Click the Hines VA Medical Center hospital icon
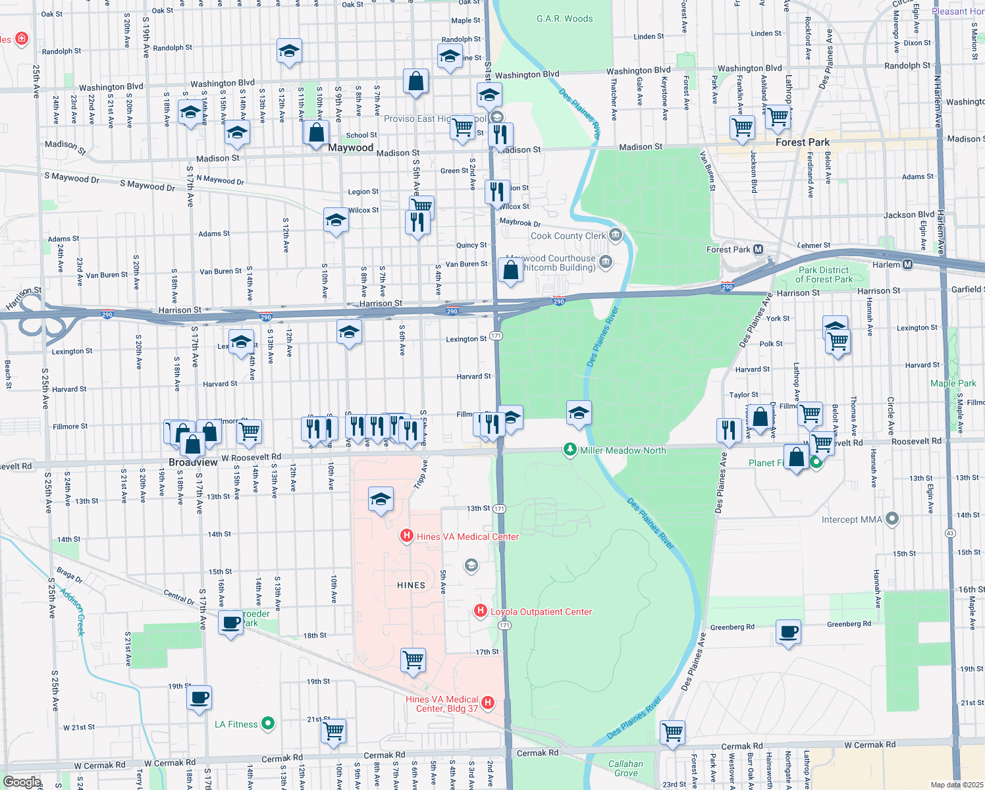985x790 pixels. tap(407, 537)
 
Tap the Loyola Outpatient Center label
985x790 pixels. tap(541, 612)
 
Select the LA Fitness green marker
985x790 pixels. tap(268, 724)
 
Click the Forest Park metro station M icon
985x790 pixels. tap(758, 250)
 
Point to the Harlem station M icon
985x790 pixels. tap(908, 265)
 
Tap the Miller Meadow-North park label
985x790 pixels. tap(622, 450)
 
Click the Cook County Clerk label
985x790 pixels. tap(568, 236)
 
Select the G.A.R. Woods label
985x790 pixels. tap(564, 18)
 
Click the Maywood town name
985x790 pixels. tap(350, 147)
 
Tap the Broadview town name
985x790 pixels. tap(193, 462)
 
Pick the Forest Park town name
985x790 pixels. tap(802, 142)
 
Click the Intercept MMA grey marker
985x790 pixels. tap(892, 519)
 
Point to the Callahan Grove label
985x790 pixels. tap(626, 768)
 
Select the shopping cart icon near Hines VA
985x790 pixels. tap(413, 659)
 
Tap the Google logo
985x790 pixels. tap(22, 782)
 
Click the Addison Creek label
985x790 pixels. tap(72, 612)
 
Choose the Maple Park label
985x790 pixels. tap(953, 383)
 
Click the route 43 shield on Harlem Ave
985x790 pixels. tap(949, 533)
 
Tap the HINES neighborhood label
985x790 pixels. tap(411, 585)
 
